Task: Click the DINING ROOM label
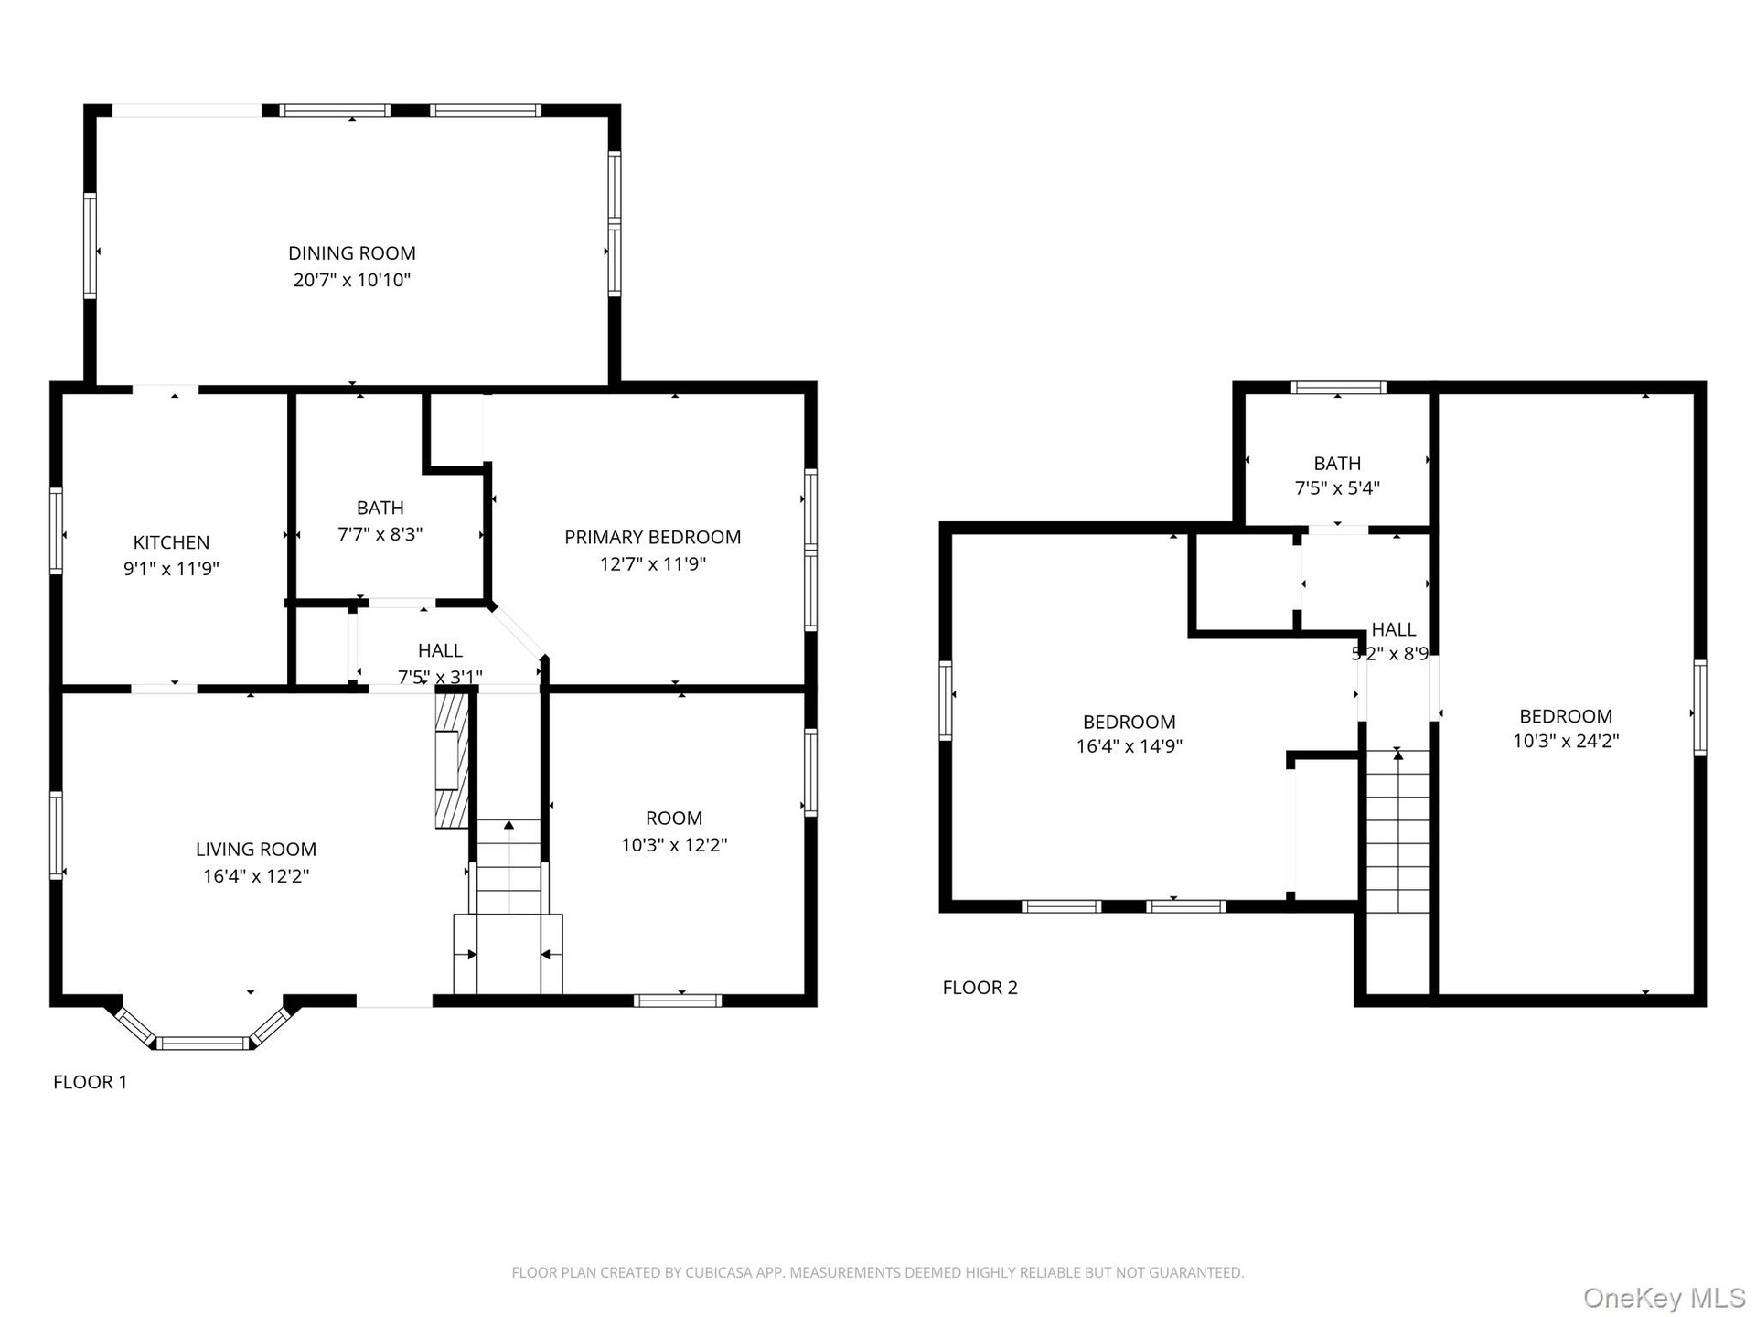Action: pos(352,253)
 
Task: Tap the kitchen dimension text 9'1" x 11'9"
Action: pos(171,569)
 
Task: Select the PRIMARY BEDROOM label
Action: pos(652,537)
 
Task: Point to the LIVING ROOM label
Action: pos(256,850)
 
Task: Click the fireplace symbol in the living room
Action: pos(452,760)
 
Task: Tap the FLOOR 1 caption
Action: pos(91,1082)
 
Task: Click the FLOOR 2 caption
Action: pos(980,988)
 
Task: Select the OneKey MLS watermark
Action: pos(1664,1298)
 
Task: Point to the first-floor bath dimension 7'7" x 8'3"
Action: pos(380,534)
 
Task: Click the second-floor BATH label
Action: pos(1337,464)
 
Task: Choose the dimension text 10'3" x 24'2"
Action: pos(1566,742)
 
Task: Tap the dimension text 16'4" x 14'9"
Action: pos(1130,746)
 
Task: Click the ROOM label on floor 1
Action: pos(674,819)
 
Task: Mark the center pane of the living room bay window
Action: pos(202,1043)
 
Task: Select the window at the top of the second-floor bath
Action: pos(1338,388)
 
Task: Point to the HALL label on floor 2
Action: pos(1394,629)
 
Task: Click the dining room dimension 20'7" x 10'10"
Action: pos(352,280)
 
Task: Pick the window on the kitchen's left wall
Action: pos(57,530)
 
